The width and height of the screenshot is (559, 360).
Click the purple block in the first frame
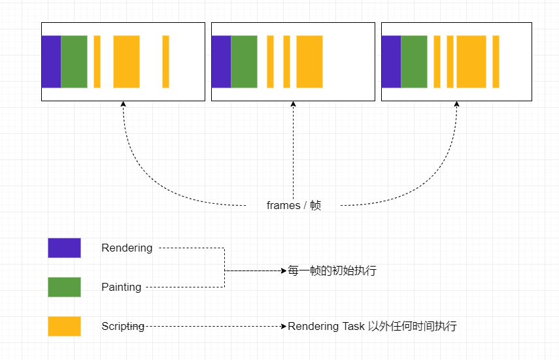click(x=52, y=61)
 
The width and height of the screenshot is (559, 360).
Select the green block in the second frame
click(x=245, y=61)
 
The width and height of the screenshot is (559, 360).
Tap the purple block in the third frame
click(x=392, y=61)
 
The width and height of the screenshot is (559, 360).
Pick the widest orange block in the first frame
click(x=127, y=61)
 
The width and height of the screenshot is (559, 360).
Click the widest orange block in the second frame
click(x=309, y=61)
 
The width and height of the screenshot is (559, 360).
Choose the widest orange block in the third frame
click(x=471, y=61)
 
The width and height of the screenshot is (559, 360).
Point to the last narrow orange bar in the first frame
click(x=166, y=61)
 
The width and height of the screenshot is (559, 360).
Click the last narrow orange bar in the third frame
click(x=496, y=61)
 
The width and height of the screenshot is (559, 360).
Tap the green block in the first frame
click(x=74, y=61)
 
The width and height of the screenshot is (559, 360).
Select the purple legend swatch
click(x=65, y=248)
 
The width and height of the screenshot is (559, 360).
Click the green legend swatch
click(x=65, y=287)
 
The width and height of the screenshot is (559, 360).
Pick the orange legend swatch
click(x=65, y=326)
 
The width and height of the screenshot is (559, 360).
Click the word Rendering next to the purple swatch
click(x=127, y=248)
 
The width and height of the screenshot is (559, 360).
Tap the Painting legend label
click(x=122, y=287)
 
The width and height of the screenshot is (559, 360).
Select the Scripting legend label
click(x=123, y=326)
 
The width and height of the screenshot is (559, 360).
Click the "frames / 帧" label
click(x=294, y=205)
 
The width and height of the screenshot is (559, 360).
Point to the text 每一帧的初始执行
click(x=332, y=270)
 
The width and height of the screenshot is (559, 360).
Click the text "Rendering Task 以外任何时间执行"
click(x=372, y=326)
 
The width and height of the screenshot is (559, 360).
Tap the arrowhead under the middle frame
click(x=294, y=104)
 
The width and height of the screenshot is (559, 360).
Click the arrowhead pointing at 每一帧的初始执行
click(x=284, y=271)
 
